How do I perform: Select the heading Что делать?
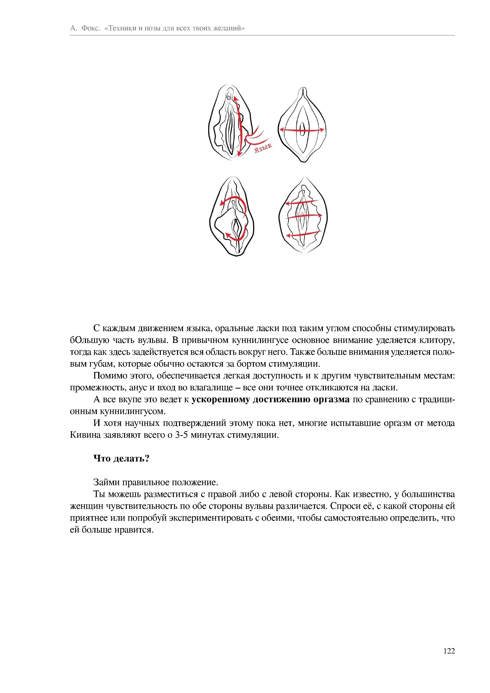click(x=121, y=459)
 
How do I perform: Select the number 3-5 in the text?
click(x=181, y=435)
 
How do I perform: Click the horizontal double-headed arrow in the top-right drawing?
click(x=302, y=130)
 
